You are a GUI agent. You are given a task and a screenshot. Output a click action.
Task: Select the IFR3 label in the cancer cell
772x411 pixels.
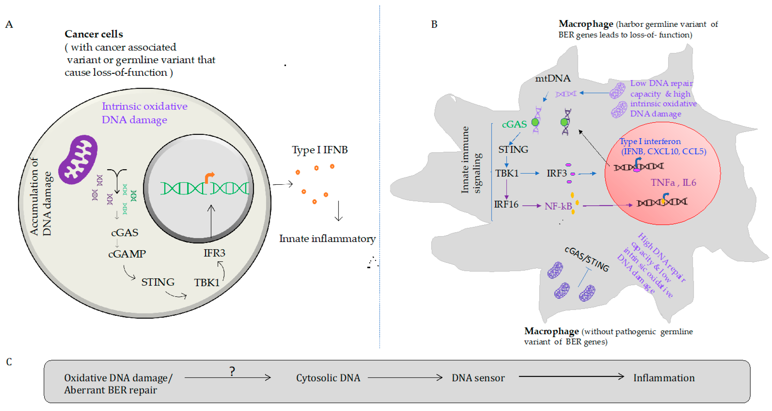coord(214,253)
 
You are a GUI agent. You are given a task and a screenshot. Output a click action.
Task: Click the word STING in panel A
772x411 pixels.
coord(158,282)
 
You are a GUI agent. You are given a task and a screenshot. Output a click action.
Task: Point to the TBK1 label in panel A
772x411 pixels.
coord(206,282)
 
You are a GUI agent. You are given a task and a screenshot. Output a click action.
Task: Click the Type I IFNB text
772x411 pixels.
coord(320,150)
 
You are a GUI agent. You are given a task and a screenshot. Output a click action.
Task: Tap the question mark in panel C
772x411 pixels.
coord(232,372)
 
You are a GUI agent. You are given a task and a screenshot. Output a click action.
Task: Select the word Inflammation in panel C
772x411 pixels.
coord(664,378)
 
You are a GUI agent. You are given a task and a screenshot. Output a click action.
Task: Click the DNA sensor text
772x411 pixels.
coord(478,378)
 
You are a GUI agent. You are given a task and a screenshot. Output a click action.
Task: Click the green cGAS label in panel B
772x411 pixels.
coord(514,124)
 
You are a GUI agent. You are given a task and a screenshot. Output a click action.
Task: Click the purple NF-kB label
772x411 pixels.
coord(558,206)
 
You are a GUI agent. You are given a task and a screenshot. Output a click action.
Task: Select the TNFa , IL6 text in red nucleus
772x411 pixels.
coord(673,182)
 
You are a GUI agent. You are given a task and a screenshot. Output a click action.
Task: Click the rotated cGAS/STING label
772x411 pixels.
coord(586,259)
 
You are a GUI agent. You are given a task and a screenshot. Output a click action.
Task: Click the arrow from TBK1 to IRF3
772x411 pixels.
coord(530,173)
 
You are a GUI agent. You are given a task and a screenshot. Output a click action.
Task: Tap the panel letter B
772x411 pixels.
coord(434,24)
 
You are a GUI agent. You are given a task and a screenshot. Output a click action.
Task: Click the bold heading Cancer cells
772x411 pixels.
coord(94,34)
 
